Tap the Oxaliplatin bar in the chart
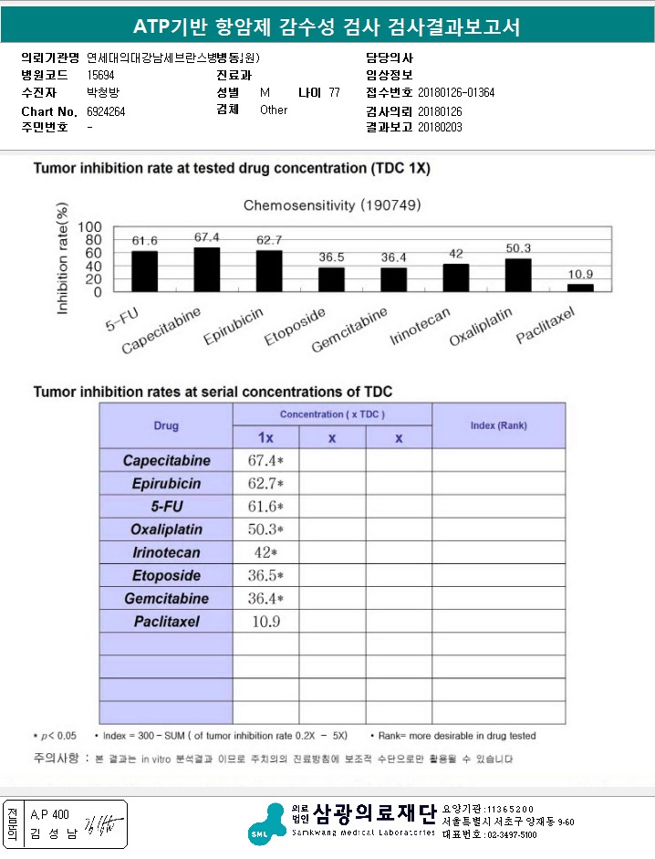tap(518, 275)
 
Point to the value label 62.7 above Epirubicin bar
tap(270, 241)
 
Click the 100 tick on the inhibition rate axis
tap(90, 227)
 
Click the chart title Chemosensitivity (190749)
tap(332, 205)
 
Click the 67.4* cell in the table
tap(265, 460)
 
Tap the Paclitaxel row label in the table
tap(166, 622)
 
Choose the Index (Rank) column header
tap(498, 425)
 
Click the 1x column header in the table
tap(265, 438)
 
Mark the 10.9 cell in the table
tap(264, 622)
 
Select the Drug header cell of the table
tap(166, 425)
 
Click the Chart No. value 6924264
tap(106, 111)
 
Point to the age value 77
tap(334, 93)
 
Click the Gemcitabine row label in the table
tap(166, 599)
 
